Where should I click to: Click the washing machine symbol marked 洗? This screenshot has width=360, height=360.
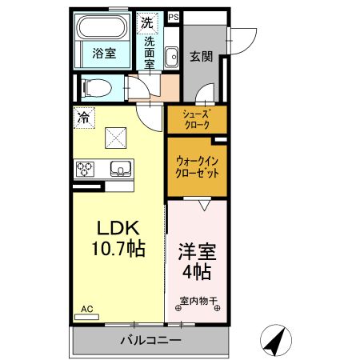[x=146, y=23]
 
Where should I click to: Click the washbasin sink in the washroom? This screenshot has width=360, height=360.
[x=170, y=57]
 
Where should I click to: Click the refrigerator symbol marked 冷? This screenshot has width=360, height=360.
[x=84, y=117]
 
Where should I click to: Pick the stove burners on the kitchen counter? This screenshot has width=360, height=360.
[x=86, y=170]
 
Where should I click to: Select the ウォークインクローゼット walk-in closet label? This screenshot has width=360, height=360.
[x=197, y=166]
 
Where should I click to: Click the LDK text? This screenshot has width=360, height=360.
[x=118, y=227]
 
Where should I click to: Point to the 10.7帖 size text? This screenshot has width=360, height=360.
[x=118, y=249]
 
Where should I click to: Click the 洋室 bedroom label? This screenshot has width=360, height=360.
[x=196, y=250]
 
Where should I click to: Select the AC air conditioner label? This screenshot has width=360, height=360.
[x=86, y=308]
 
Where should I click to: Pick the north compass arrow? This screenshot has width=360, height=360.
[x=277, y=341]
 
